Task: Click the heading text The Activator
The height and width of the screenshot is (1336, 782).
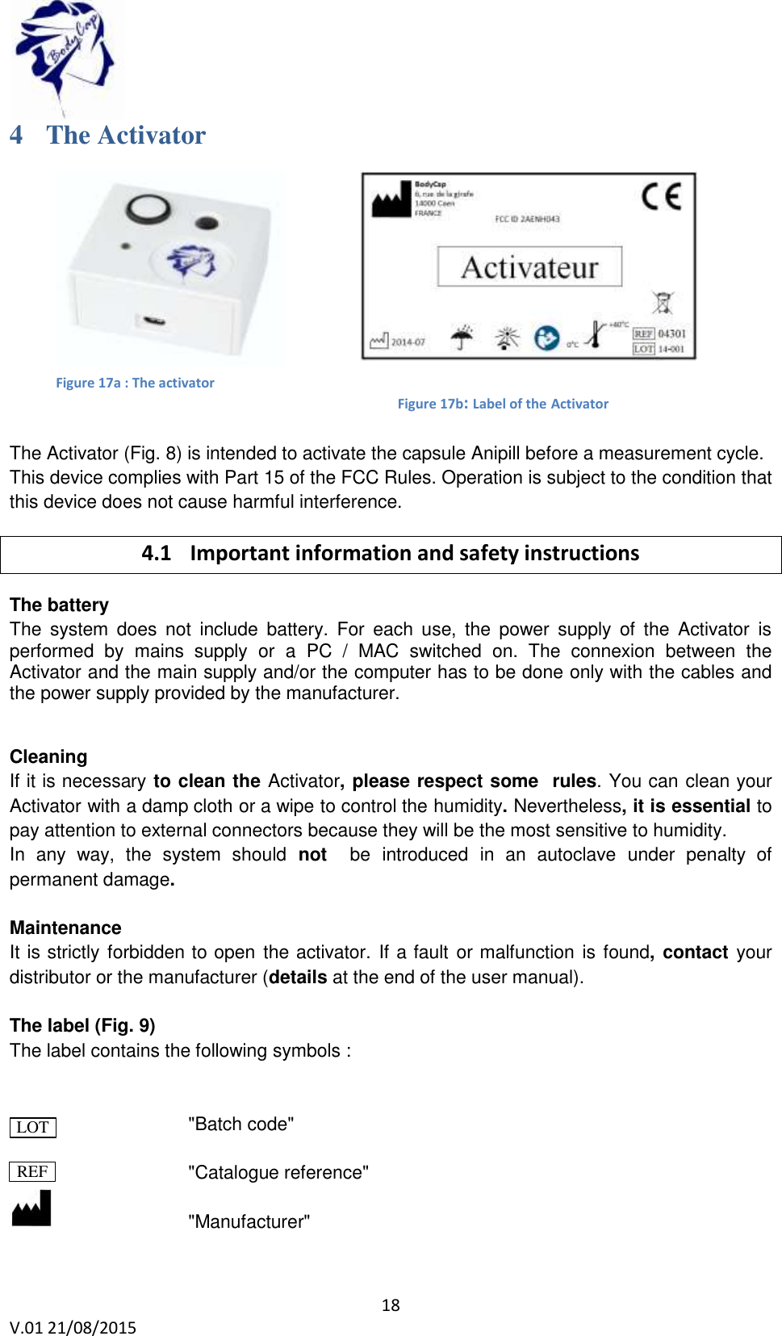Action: [126, 135]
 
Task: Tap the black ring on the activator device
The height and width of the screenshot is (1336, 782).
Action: [148, 209]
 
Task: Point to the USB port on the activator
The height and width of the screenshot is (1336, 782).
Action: [154, 321]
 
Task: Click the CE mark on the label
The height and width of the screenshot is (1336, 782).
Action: [662, 196]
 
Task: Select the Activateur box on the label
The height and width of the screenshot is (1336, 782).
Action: [529, 267]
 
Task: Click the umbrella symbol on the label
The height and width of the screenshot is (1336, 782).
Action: [462, 337]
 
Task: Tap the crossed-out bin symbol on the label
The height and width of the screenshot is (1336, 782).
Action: [663, 303]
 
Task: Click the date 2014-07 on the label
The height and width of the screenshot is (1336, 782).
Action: [408, 342]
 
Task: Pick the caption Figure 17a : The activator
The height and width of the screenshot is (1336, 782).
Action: [135, 383]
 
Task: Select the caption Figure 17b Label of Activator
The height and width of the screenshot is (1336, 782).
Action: [503, 404]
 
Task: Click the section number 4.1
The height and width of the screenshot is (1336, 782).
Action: [156, 553]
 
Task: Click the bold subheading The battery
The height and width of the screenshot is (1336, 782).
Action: [59, 605]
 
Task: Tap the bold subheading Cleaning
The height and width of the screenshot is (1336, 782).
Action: [48, 756]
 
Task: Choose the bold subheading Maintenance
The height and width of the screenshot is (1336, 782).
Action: [65, 928]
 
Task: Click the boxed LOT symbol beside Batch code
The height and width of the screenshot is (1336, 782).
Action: [33, 1127]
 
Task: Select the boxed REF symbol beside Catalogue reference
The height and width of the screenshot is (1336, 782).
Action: [32, 1171]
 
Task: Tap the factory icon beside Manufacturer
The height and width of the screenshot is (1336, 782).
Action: [32, 1208]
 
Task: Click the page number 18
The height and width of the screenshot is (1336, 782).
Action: [391, 1305]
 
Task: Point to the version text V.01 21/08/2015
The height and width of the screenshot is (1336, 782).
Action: [73, 1327]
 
